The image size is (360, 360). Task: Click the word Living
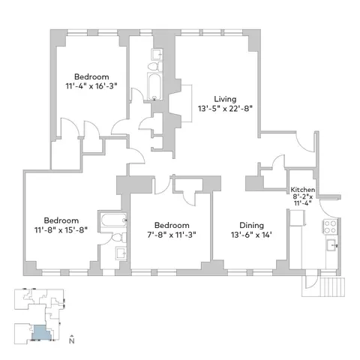tap(224, 98)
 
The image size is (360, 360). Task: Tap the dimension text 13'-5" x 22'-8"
tap(224, 108)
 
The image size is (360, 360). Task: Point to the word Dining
tap(251, 225)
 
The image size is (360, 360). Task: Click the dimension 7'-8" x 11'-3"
tap(172, 235)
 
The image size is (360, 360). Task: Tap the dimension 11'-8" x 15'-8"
tap(61, 230)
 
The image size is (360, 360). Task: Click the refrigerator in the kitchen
tap(298, 218)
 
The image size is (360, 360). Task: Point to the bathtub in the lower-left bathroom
tap(112, 222)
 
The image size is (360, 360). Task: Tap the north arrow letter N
tap(70, 341)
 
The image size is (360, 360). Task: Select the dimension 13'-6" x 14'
tap(251, 235)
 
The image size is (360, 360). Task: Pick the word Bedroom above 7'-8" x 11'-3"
tap(172, 225)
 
